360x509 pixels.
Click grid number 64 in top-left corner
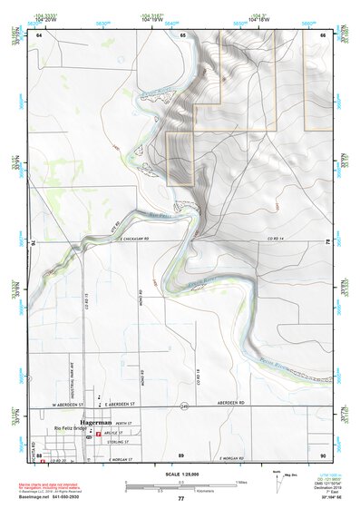(x=39, y=34)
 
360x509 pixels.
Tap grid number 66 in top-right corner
(x=323, y=34)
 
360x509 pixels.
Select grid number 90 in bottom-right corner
(x=323, y=454)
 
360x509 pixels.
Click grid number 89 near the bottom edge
(x=180, y=454)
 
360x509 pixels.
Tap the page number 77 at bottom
(x=180, y=499)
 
